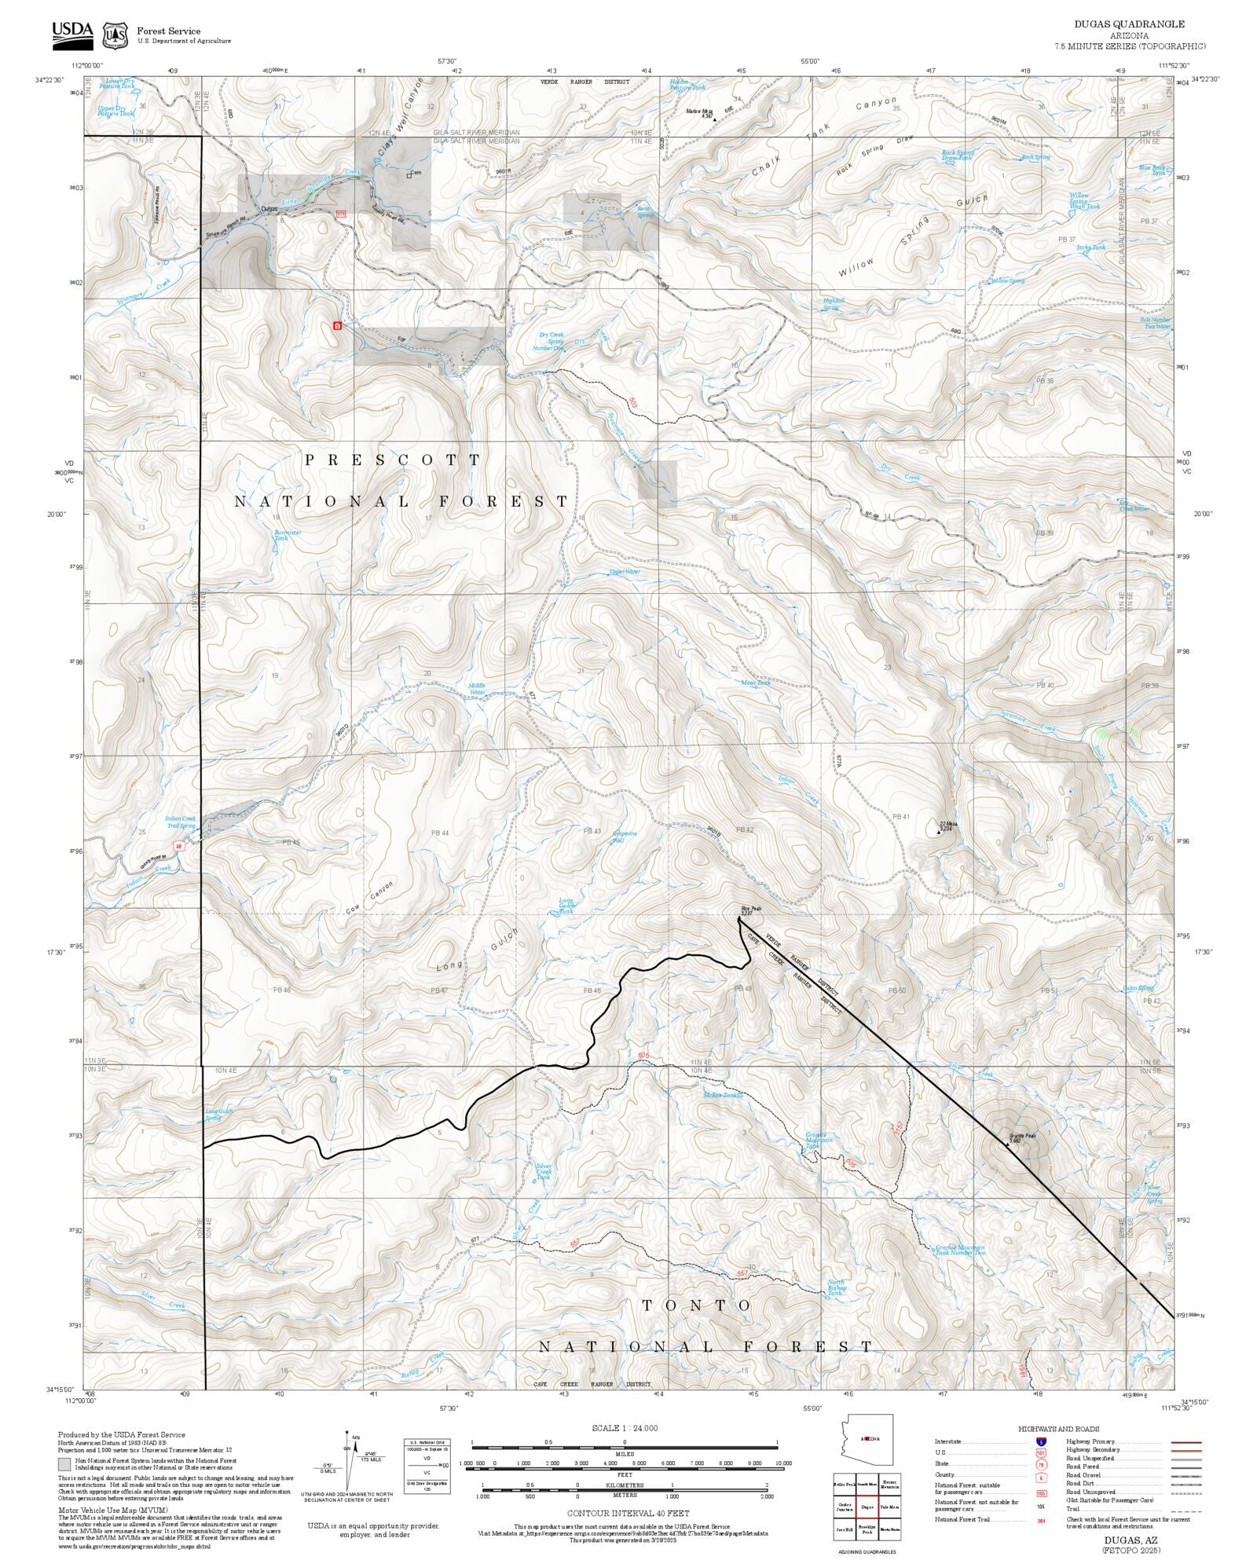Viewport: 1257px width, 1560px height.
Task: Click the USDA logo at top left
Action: coord(72,34)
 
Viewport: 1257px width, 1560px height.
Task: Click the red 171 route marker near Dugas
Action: coord(340,214)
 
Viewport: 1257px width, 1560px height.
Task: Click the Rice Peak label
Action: coord(751,910)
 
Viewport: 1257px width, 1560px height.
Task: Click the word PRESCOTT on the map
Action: coord(392,460)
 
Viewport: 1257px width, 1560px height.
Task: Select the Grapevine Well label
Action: coord(625,837)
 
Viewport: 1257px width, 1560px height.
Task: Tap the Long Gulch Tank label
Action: coord(566,906)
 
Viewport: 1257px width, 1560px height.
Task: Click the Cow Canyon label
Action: coord(369,897)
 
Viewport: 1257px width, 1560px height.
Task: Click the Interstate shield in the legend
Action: coord(1041,1442)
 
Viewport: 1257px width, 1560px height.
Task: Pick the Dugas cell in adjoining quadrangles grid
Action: coord(867,1507)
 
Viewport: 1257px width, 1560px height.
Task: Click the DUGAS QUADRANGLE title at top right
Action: coord(1129,24)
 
